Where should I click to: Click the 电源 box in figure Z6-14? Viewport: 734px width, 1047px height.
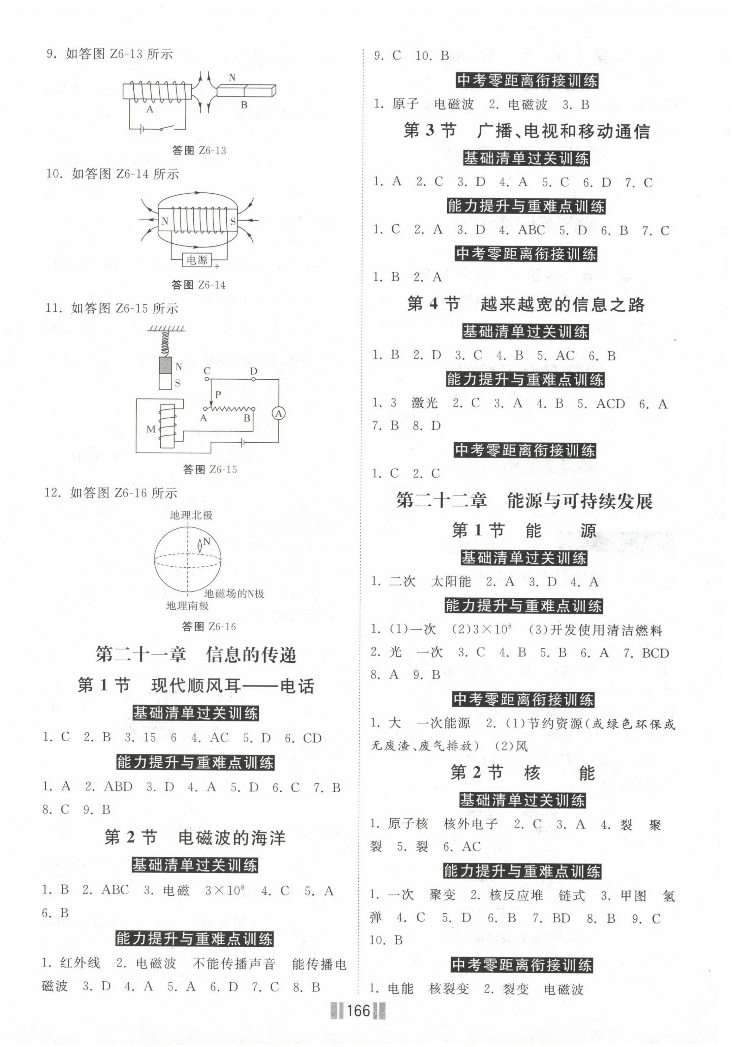tap(197, 260)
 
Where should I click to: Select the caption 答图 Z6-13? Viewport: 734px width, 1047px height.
tap(199, 150)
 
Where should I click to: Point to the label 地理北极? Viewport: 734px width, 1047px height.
tap(191, 515)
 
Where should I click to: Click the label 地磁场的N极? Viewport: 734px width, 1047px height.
tap(234, 593)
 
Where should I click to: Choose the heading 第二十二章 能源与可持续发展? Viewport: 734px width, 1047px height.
tap(524, 501)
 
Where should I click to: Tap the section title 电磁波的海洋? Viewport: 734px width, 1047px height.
tap(232, 838)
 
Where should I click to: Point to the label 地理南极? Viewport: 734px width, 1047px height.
tap(187, 606)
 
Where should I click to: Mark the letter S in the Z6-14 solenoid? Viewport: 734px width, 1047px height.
tap(233, 222)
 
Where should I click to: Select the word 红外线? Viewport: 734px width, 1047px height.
tap(80, 963)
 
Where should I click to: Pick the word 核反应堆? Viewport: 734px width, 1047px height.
tap(516, 895)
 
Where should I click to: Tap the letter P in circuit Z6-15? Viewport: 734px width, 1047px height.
tap(218, 395)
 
